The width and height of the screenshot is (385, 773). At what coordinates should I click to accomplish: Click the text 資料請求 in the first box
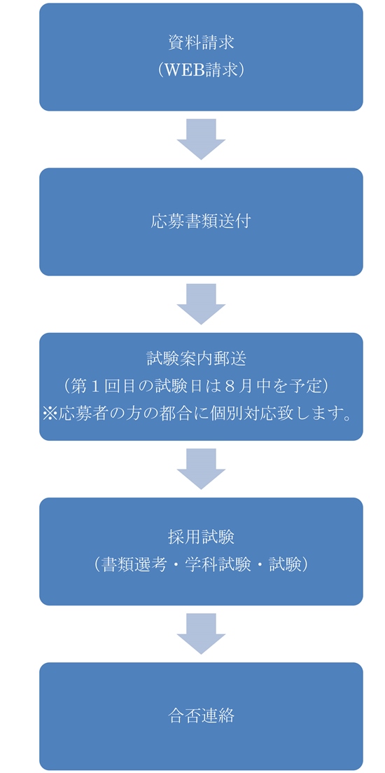pos(201,43)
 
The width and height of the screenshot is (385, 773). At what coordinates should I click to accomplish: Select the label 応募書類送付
pos(201,222)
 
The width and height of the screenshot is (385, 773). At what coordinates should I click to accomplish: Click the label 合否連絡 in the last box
pos(201,716)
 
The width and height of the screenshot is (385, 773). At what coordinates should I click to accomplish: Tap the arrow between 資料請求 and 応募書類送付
pos(201,139)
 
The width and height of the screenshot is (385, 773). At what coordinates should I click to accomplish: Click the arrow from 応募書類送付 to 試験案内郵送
pos(201,304)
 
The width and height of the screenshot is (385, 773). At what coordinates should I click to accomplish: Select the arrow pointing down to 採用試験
pos(201,469)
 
